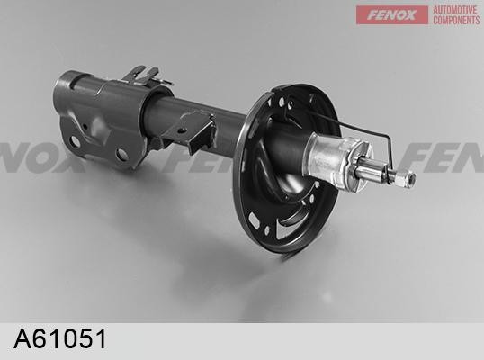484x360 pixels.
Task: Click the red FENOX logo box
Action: (x=391, y=14)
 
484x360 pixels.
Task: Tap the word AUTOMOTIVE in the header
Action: (x=454, y=10)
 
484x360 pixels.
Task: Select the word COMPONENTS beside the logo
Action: (x=456, y=20)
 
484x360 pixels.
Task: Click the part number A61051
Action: (x=60, y=338)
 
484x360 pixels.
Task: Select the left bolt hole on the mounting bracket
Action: (x=75, y=141)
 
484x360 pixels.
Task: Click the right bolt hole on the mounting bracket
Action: (x=122, y=155)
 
